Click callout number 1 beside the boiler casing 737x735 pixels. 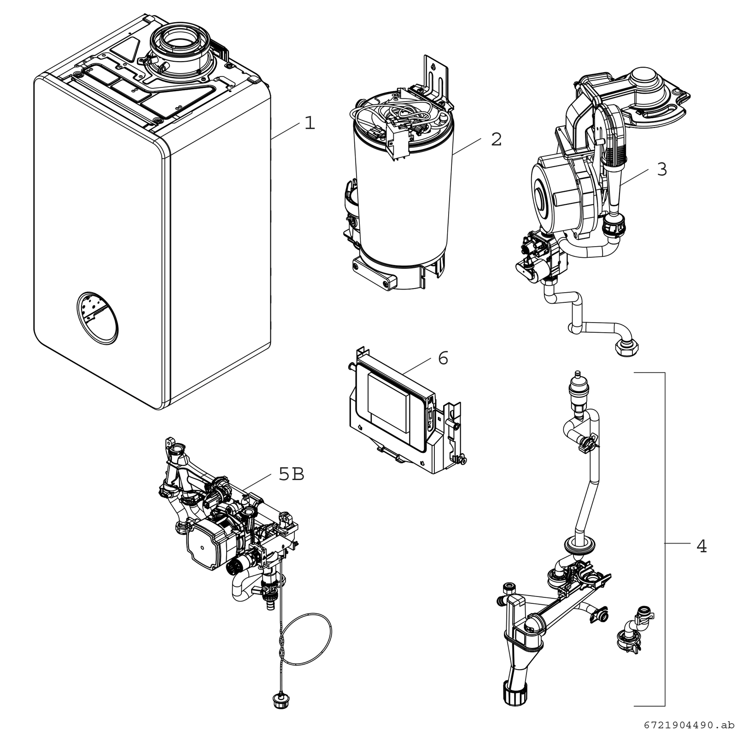(310, 123)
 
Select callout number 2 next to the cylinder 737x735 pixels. (496, 139)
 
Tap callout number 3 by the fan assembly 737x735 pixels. (661, 170)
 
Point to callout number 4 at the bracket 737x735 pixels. (701, 546)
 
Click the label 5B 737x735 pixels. (291, 474)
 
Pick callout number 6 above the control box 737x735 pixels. (443, 358)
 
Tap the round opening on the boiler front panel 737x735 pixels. (97, 318)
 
